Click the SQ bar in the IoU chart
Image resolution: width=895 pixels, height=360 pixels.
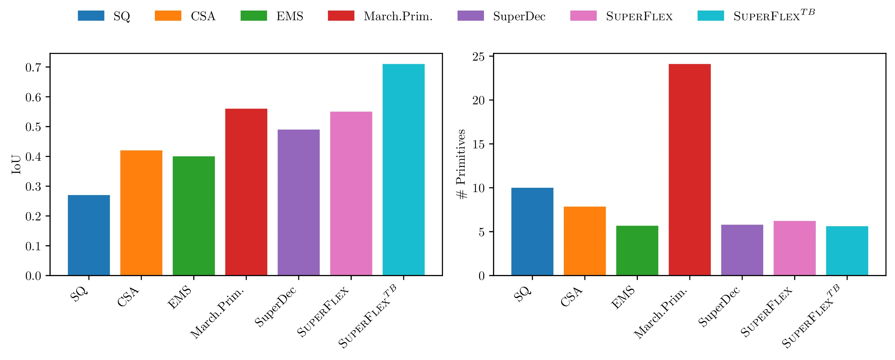click(89, 235)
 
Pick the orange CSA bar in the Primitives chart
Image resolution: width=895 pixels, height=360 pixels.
click(584, 241)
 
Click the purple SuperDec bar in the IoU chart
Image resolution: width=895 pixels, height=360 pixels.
click(298, 203)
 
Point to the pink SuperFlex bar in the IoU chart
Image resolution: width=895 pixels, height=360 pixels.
click(351, 194)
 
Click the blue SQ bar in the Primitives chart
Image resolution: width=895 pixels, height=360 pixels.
click(532, 232)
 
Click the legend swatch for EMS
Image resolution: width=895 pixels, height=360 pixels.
click(254, 16)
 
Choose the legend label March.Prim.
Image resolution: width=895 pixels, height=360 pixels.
click(398, 16)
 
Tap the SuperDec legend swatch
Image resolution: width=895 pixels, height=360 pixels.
click(470, 16)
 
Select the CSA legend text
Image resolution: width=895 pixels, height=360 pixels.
click(203, 16)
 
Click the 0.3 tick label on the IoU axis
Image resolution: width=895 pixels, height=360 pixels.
click(33, 187)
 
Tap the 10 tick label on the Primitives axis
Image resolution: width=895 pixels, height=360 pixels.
click(479, 188)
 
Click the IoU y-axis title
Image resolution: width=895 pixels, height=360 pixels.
click(16, 164)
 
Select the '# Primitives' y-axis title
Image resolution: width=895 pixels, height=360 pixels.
click(461, 164)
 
